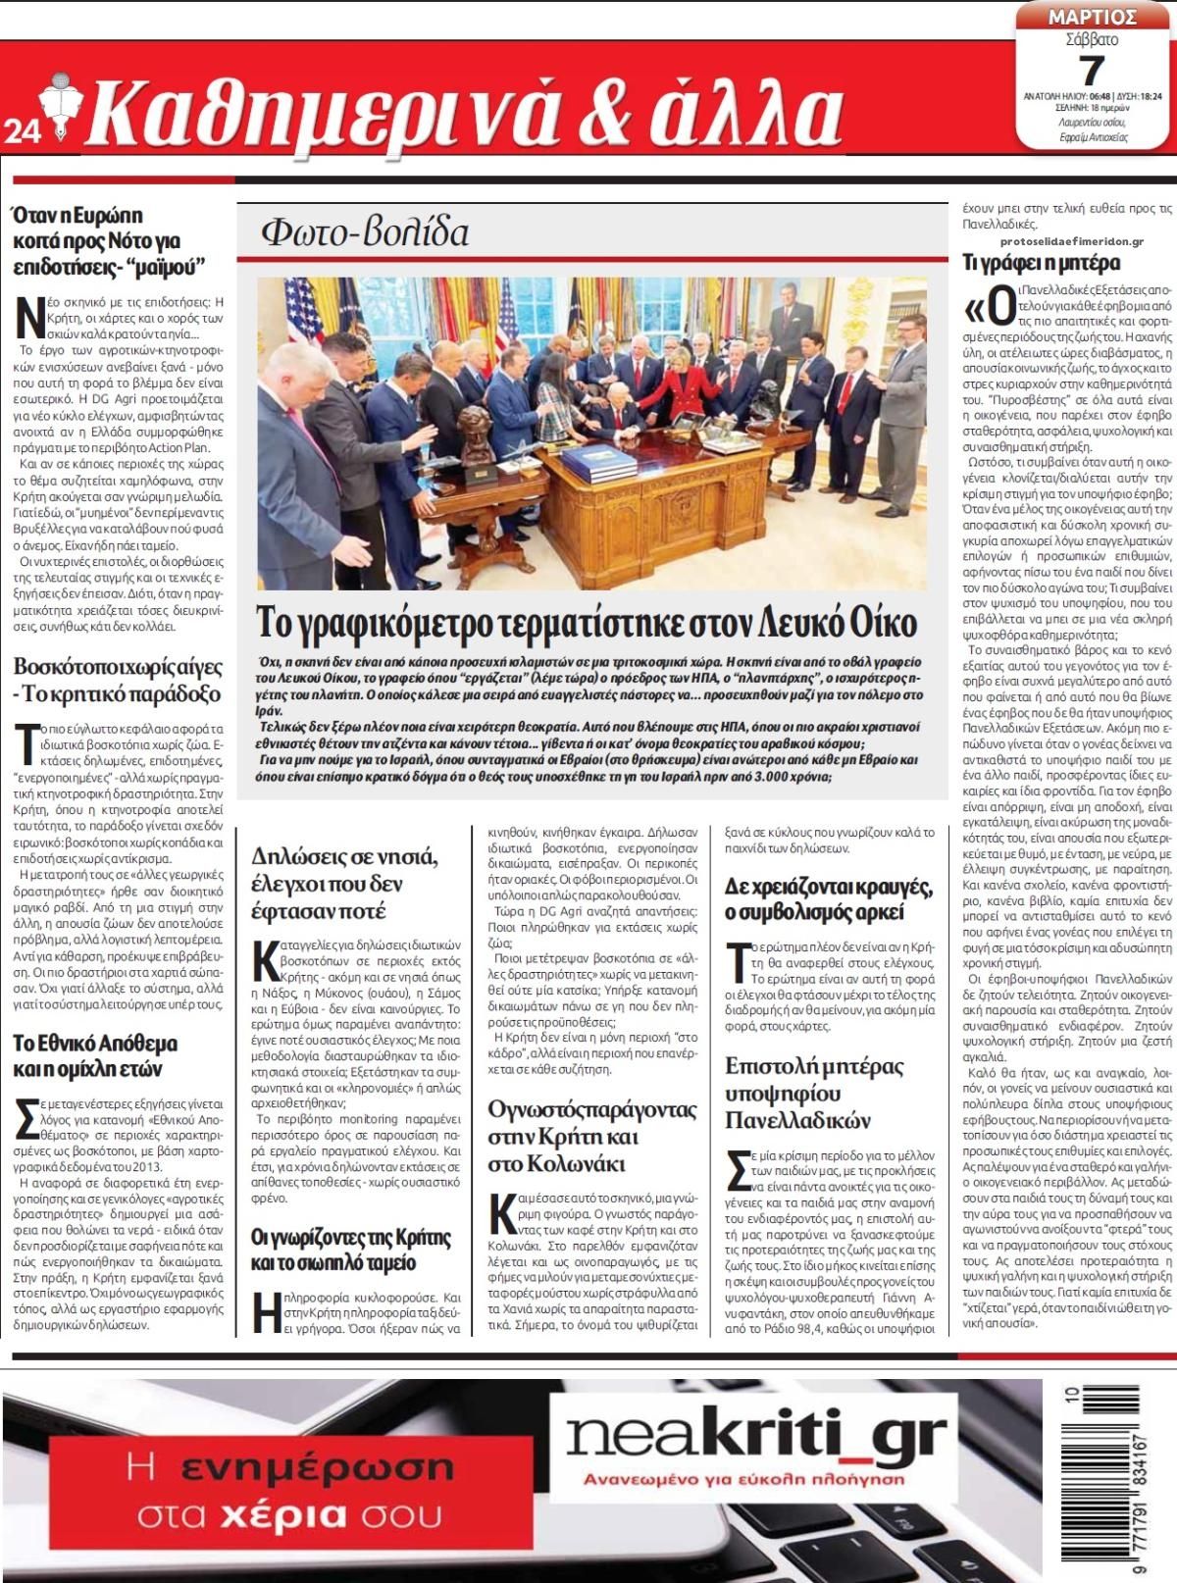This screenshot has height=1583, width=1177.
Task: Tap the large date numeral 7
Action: [x=1092, y=71]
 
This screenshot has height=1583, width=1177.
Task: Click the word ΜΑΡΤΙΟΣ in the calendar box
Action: [x=1092, y=17]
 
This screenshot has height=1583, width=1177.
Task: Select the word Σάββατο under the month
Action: [x=1091, y=40]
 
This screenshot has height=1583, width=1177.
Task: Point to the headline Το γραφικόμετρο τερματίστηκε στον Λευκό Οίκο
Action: [x=586, y=622]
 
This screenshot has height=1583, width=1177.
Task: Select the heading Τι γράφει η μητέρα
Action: [x=1041, y=263]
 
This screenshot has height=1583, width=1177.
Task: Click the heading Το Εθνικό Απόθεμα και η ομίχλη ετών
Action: [x=95, y=1055]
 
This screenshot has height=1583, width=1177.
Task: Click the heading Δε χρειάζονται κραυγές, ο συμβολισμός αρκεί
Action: [x=829, y=898]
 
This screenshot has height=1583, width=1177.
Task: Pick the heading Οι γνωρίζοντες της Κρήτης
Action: [x=350, y=1249]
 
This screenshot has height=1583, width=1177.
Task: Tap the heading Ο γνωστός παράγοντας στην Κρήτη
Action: [x=591, y=1137]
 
